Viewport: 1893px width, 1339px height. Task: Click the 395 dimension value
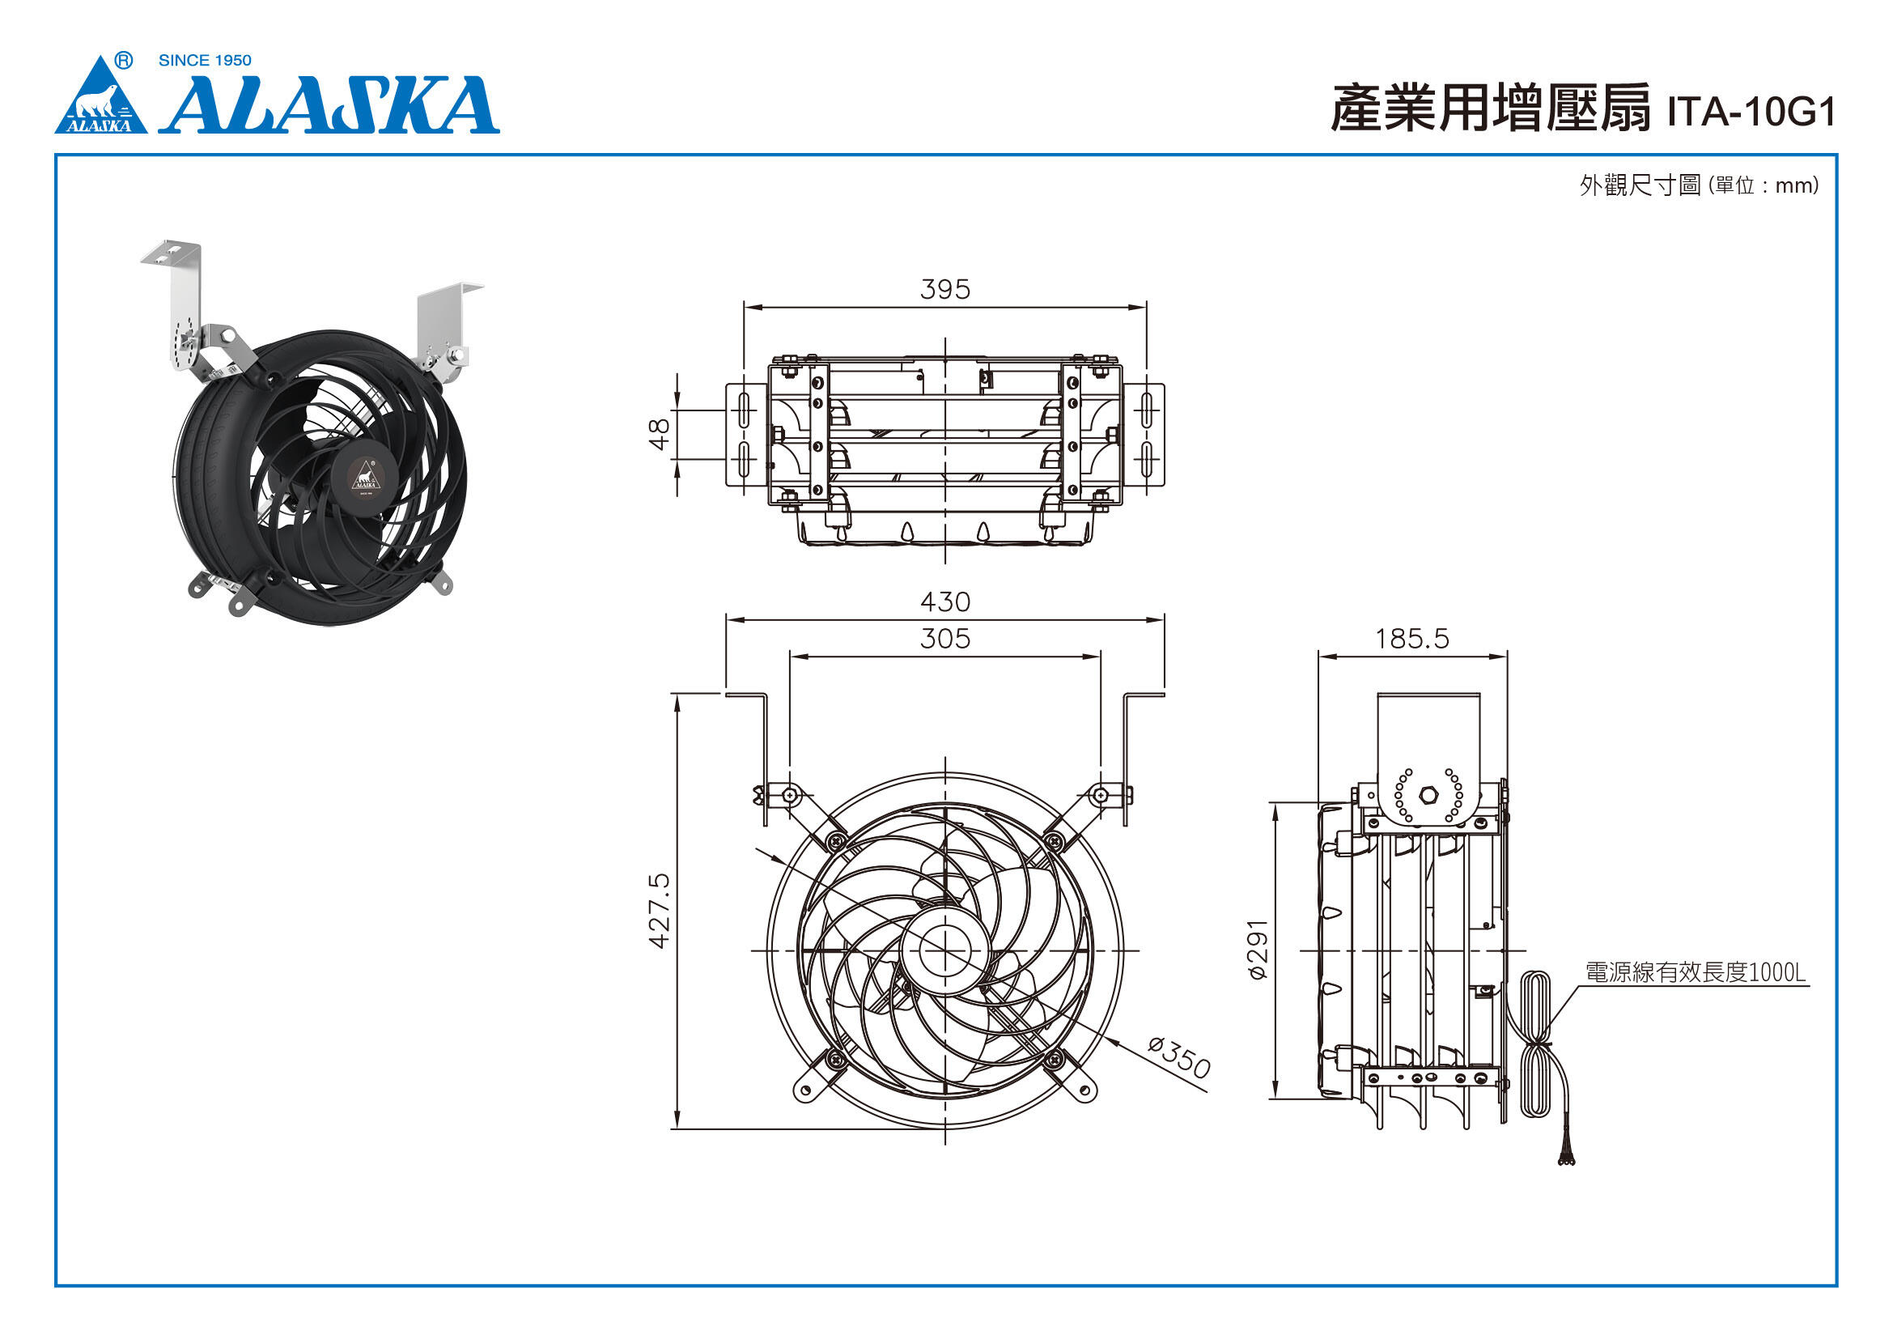[x=944, y=289]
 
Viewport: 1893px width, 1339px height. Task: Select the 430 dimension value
[x=944, y=601]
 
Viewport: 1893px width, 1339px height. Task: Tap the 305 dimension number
[x=944, y=639]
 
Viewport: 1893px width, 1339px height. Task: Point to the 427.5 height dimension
[x=660, y=911]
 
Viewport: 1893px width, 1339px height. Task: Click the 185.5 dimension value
[x=1412, y=639]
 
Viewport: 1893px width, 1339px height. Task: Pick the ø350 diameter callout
[x=1180, y=1058]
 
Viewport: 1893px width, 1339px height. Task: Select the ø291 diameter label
[x=1258, y=949]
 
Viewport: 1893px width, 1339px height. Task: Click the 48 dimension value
[x=660, y=434]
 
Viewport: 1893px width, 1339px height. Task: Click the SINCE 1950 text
[x=205, y=60]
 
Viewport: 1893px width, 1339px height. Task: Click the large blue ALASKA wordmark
[x=329, y=104]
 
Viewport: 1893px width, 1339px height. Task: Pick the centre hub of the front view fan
[x=944, y=950]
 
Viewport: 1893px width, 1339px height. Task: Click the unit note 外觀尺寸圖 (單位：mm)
[x=1700, y=185]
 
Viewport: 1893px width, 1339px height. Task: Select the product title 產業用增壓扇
[x=1492, y=108]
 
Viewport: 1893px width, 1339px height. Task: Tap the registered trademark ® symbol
[x=123, y=60]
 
